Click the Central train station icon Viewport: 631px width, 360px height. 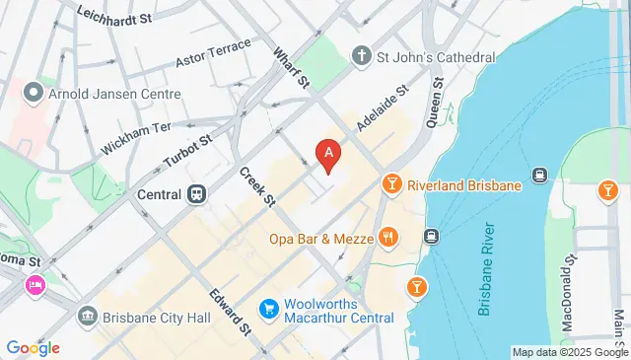(x=197, y=194)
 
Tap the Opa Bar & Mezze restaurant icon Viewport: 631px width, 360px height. (x=389, y=238)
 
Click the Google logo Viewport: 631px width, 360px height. (x=33, y=347)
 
